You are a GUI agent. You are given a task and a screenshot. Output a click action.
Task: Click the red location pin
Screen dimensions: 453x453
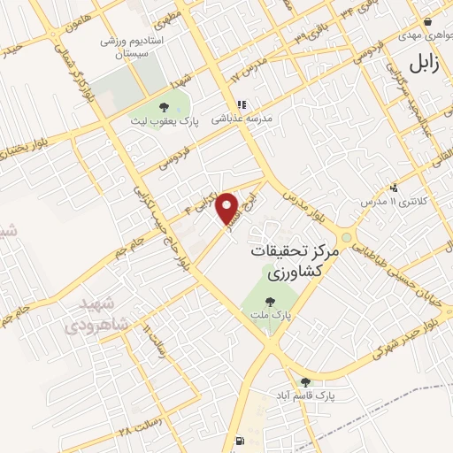coord(228,208)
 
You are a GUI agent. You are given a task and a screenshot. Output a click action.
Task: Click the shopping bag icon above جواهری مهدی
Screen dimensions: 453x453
coord(427,22)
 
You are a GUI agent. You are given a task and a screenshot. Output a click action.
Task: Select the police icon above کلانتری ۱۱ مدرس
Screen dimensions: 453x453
coord(393,188)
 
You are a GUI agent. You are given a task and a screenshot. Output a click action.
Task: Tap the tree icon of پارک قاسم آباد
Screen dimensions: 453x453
coord(305,381)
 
